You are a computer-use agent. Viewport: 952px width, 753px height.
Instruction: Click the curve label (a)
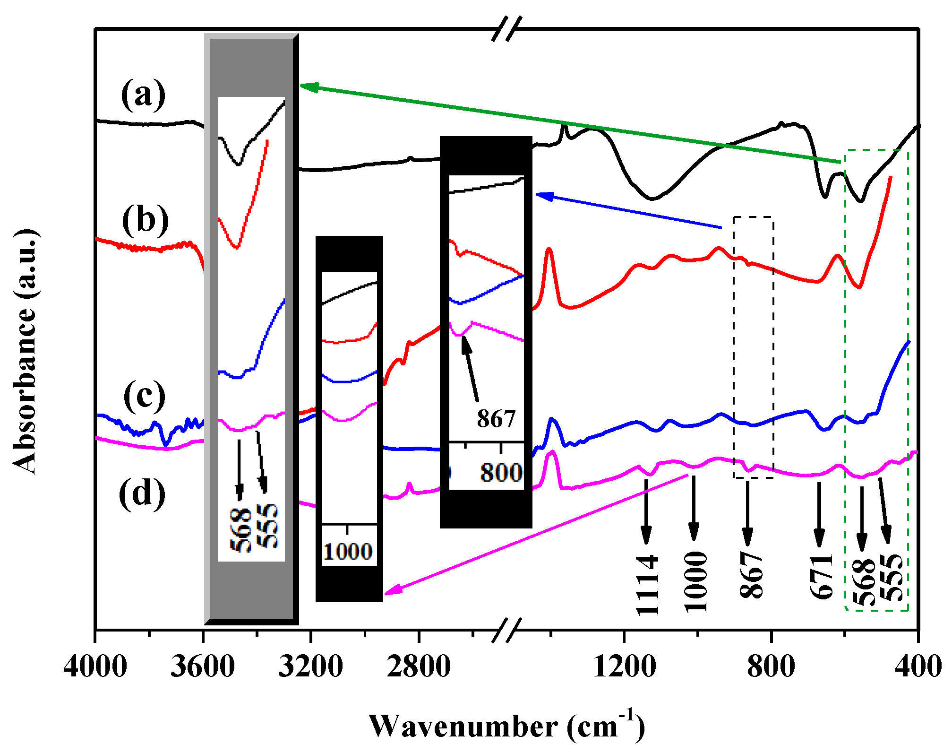[x=143, y=94]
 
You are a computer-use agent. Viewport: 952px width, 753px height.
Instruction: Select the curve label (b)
[x=145, y=220]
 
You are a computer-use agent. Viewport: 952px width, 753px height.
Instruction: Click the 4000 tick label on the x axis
[x=95, y=667]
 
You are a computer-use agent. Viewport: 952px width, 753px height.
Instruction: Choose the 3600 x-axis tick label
[x=203, y=667]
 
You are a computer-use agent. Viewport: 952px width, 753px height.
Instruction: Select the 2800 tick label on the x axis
[x=419, y=667]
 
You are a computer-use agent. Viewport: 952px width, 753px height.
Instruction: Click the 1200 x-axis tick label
[x=625, y=667]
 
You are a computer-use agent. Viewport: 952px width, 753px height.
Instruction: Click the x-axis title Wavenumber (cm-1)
[x=506, y=726]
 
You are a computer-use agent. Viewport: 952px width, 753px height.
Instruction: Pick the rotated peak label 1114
[x=647, y=585]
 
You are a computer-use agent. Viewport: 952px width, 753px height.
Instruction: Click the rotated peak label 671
[x=821, y=576]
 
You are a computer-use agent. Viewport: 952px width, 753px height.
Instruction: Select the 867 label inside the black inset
[x=496, y=418]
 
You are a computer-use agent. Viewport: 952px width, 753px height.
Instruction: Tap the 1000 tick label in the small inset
[x=348, y=552]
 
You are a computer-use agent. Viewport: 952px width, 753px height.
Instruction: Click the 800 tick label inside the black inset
[x=501, y=472]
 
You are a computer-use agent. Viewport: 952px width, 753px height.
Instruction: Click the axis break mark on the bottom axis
[x=506, y=630]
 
